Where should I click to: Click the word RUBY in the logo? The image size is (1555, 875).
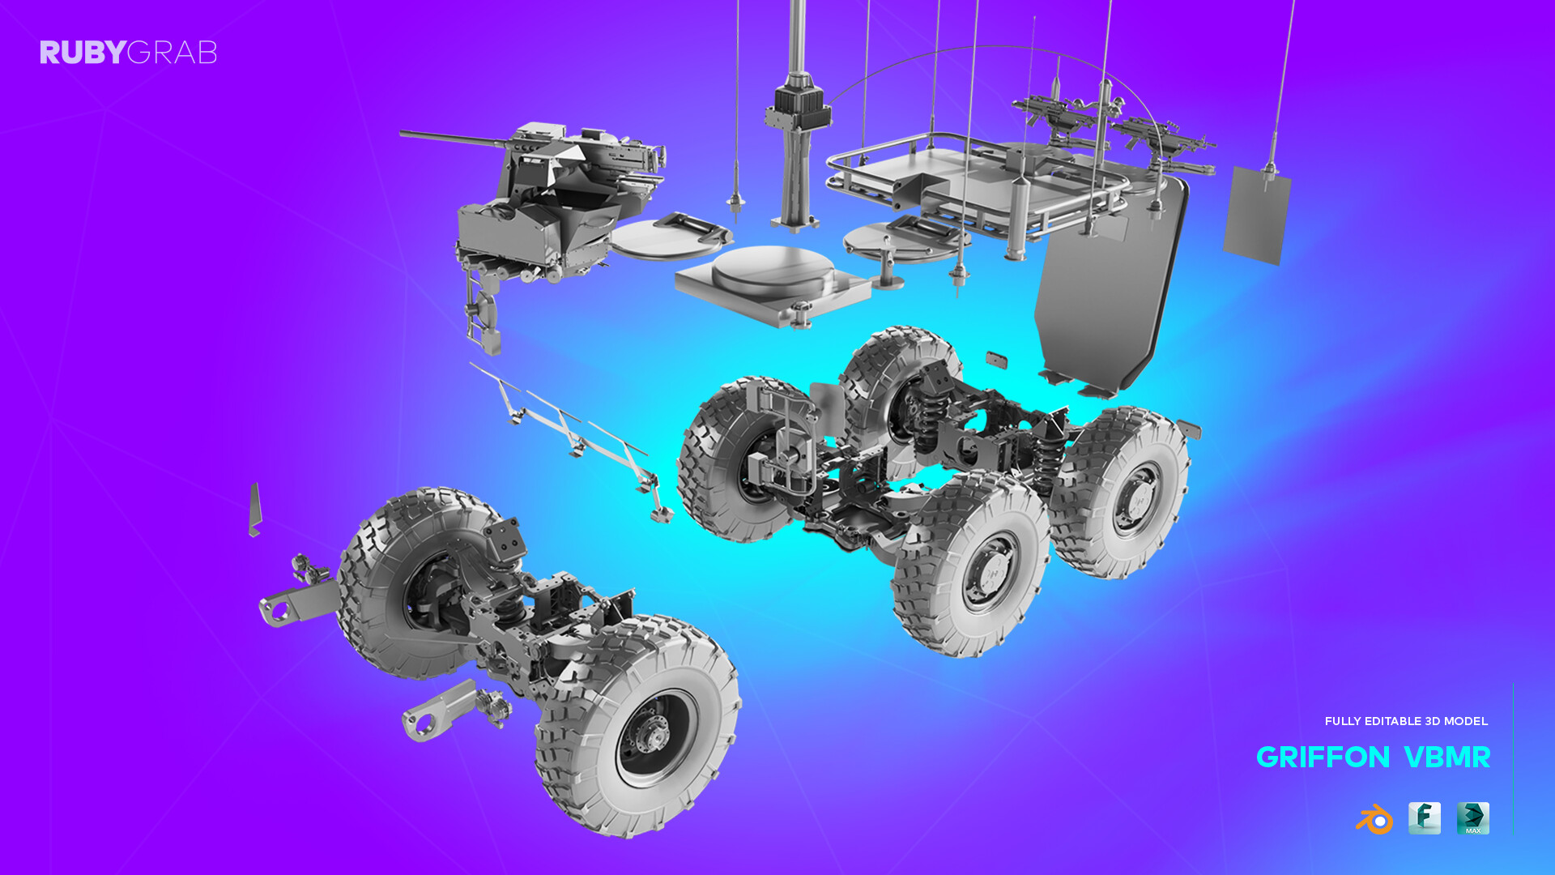[83, 53]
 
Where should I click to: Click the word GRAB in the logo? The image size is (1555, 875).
[172, 53]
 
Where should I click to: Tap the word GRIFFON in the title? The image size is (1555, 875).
[1323, 758]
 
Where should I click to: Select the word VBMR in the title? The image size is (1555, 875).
[1446, 758]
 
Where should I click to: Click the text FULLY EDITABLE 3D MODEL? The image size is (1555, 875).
[1406, 721]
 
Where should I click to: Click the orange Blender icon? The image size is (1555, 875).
[1374, 819]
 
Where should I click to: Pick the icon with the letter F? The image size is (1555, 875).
[1424, 818]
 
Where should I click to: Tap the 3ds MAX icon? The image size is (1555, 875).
[1472, 818]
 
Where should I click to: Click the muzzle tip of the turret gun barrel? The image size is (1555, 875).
[403, 134]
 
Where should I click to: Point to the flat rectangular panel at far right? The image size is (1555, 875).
[1256, 216]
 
